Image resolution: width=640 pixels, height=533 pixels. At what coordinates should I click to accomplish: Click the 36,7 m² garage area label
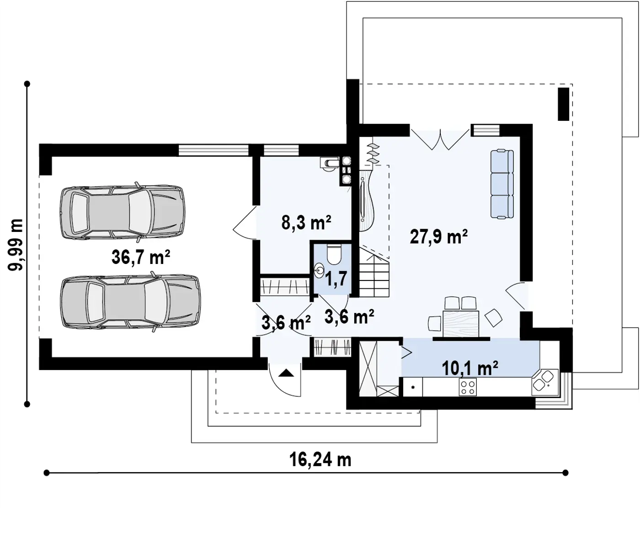click(x=141, y=257)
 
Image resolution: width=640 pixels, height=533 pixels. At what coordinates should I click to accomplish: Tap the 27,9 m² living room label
click(x=438, y=237)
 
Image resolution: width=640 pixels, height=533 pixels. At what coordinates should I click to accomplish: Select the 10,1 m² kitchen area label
click(x=470, y=368)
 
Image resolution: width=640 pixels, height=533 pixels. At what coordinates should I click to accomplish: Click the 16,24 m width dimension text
click(x=320, y=460)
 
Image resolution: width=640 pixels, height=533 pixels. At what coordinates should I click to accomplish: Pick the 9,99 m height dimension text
click(x=15, y=245)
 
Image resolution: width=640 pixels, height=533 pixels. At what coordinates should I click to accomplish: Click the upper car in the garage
click(x=123, y=212)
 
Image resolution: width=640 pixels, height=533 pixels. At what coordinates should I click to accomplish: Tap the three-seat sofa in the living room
click(x=502, y=184)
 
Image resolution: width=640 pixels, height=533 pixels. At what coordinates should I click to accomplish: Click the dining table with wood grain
click(x=461, y=323)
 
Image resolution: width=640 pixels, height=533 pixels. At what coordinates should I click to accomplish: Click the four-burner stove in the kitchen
click(x=468, y=387)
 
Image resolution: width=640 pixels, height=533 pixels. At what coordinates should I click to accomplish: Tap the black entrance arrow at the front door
click(x=286, y=373)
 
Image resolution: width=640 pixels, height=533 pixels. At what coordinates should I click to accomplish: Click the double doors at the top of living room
click(x=440, y=140)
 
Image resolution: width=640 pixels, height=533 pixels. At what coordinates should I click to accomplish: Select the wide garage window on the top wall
click(x=213, y=150)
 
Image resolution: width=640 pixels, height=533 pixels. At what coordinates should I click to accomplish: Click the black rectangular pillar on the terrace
click(x=563, y=104)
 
